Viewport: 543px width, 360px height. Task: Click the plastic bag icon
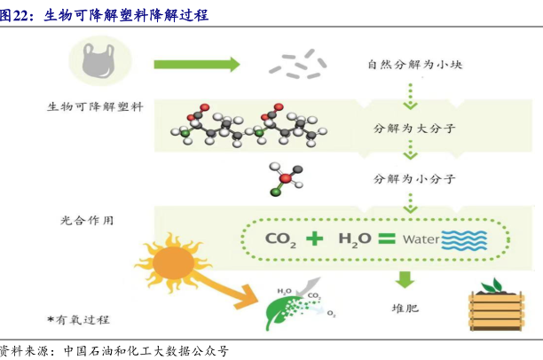click(x=98, y=61)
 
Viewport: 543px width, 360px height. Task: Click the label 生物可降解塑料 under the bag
click(x=94, y=108)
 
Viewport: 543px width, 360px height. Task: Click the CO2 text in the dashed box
click(x=283, y=239)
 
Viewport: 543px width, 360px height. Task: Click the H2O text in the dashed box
click(x=354, y=239)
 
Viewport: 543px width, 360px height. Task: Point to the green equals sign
click(x=386, y=238)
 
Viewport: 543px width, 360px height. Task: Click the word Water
click(x=421, y=239)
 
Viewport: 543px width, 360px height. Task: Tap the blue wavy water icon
click(x=464, y=239)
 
